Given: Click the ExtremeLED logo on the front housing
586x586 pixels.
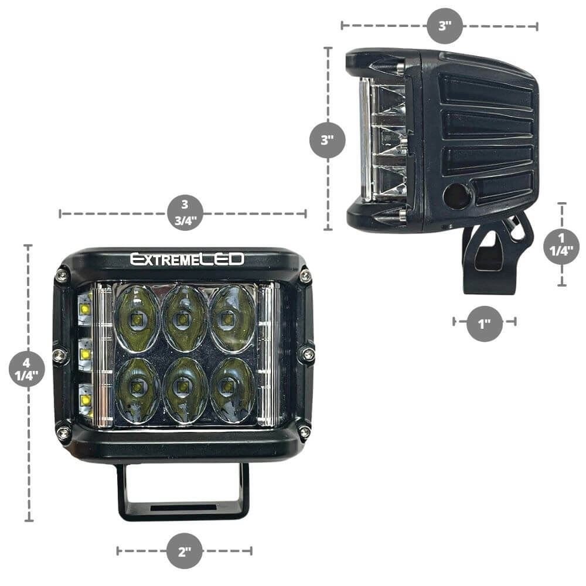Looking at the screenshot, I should [x=187, y=259].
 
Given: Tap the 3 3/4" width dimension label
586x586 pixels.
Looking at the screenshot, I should [x=185, y=213].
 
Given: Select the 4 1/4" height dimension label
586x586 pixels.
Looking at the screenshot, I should [x=27, y=369].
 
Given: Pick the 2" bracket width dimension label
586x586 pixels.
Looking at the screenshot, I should [x=185, y=550].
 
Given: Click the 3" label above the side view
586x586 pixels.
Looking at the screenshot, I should [x=445, y=26].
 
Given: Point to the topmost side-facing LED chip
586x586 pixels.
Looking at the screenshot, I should [x=86, y=308].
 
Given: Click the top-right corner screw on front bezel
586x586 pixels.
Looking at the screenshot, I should [x=305, y=277].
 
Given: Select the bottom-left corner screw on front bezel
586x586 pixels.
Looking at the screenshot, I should [x=63, y=433].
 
